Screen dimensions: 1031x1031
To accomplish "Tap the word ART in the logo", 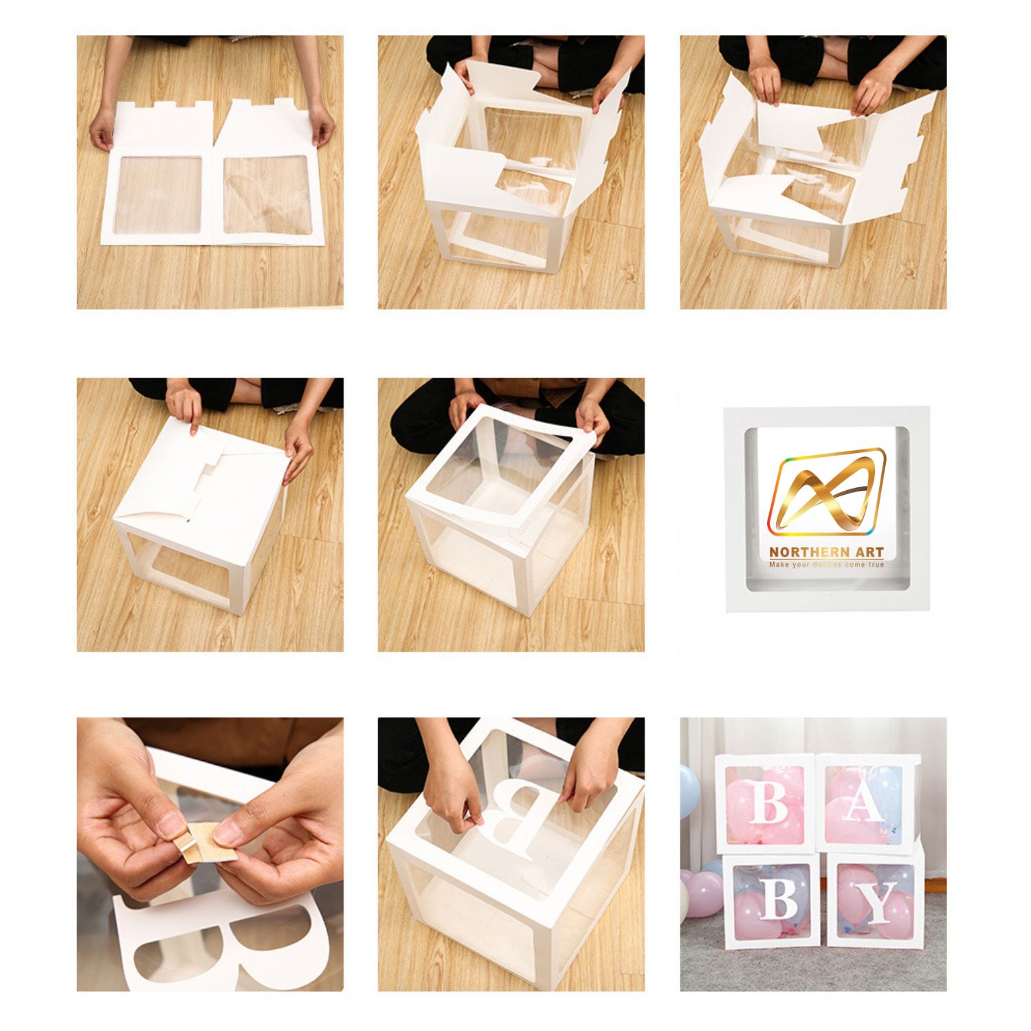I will coord(869,552).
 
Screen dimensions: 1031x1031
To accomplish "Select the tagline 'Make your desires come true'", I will coord(826,564).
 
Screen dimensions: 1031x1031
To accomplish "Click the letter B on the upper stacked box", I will coord(768,801).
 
